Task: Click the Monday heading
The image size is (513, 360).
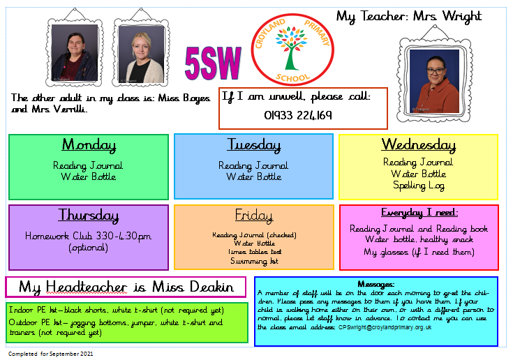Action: click(x=89, y=145)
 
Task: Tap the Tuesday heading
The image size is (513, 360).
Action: click(x=254, y=145)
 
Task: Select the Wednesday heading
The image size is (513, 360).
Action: click(x=419, y=145)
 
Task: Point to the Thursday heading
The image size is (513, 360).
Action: click(x=89, y=216)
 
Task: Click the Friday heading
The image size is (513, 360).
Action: click(x=254, y=216)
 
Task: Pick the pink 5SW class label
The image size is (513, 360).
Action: click(x=213, y=63)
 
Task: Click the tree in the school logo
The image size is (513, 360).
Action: click(x=291, y=48)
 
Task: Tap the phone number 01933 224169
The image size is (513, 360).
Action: click(x=298, y=115)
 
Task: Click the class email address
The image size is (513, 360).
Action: click(x=385, y=327)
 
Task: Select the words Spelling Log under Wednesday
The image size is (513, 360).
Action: click(x=419, y=186)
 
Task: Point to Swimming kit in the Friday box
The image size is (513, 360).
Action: click(x=254, y=261)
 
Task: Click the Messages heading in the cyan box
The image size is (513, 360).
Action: click(x=376, y=284)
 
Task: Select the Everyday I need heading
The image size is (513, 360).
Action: click(x=419, y=213)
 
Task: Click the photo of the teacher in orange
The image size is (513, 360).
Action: click(x=434, y=82)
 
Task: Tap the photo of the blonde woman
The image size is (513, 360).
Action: click(x=141, y=54)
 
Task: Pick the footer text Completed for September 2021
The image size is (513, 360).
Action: click(x=51, y=354)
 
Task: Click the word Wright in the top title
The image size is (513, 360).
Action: click(x=462, y=16)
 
